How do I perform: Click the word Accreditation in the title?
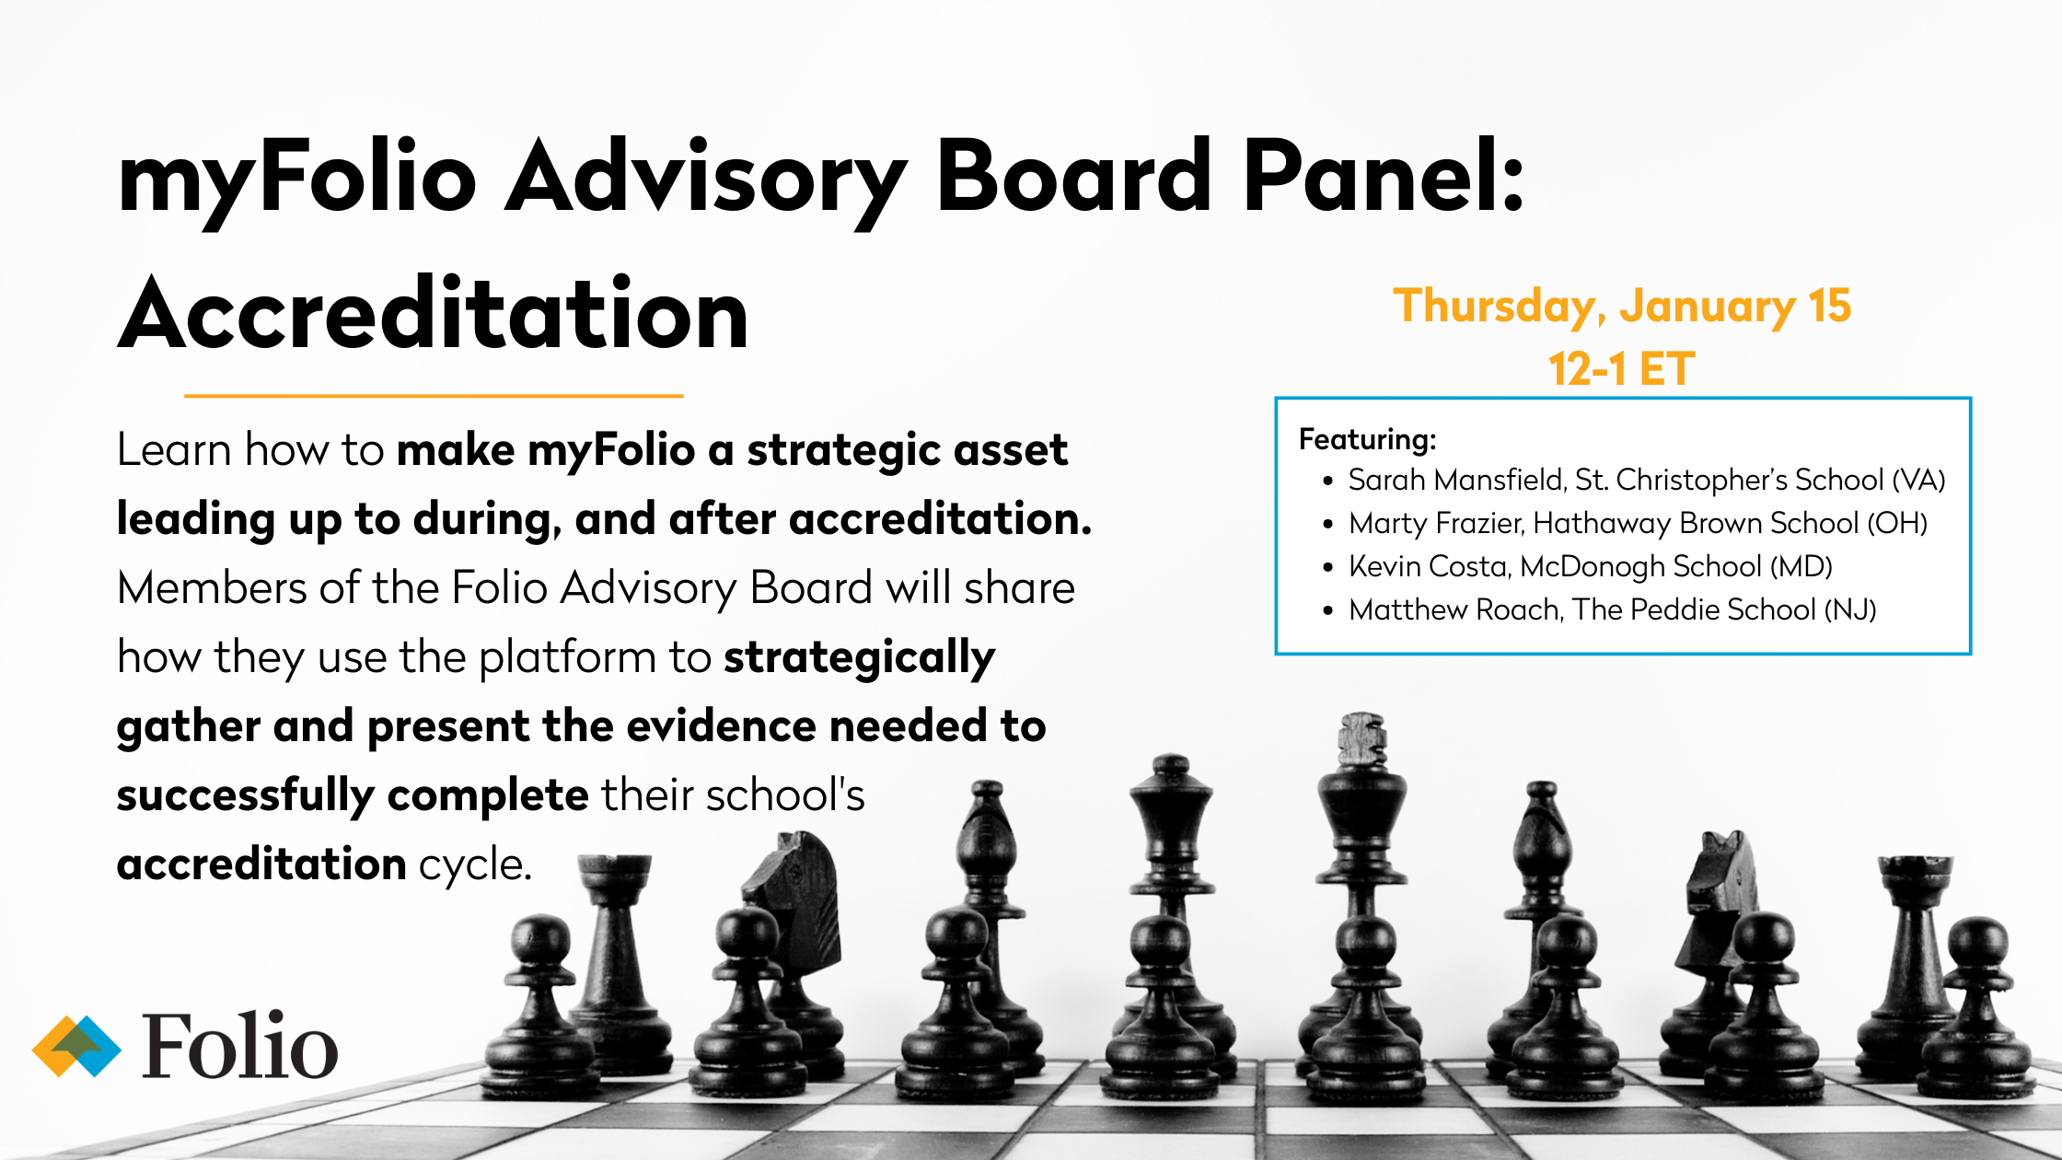pos(433,315)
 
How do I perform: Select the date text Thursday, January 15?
pos(1621,307)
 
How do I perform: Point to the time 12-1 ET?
pos(1621,369)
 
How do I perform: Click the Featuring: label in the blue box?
pos(1367,439)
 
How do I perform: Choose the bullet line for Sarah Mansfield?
pos(1646,480)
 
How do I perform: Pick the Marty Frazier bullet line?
pos(1637,523)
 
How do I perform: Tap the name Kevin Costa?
pos(1429,566)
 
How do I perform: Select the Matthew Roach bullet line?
pos(1611,609)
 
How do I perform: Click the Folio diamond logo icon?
pos(76,1046)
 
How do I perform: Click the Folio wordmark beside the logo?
pos(240,1046)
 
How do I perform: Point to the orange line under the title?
pos(433,396)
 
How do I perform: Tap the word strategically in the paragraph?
pos(859,657)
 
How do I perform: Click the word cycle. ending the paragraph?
pos(475,864)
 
